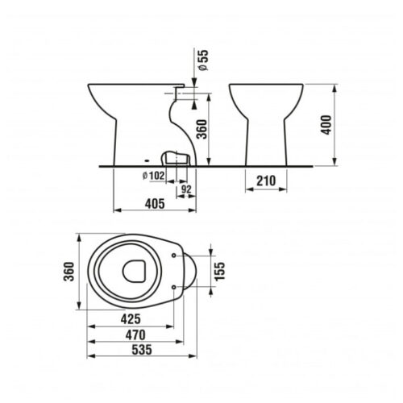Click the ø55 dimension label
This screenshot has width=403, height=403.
(x=203, y=60)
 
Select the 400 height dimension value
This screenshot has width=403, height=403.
(x=326, y=125)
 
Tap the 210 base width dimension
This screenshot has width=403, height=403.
(x=266, y=181)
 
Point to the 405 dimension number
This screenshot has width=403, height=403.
(x=155, y=204)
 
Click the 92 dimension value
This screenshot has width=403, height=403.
(x=186, y=189)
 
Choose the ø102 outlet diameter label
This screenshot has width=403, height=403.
(x=153, y=176)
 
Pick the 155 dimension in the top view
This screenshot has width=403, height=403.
(x=220, y=272)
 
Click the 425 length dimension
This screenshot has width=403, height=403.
(x=131, y=319)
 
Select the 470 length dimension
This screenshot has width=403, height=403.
(x=135, y=334)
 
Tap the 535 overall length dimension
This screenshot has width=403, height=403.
(x=142, y=350)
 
